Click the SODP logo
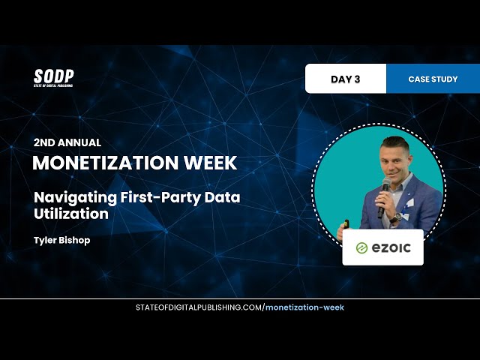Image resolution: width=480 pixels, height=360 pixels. (53, 77)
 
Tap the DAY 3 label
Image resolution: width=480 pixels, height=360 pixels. (346, 79)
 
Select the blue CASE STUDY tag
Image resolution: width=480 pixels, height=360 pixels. (433, 79)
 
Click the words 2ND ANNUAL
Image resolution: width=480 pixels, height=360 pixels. (67, 142)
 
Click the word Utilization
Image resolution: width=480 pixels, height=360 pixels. (70, 214)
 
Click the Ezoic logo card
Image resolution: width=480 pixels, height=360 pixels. (382, 247)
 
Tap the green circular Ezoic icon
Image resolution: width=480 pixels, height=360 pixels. (361, 248)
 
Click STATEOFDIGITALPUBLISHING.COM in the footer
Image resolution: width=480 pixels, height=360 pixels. (199, 307)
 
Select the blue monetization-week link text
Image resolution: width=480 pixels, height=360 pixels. (305, 307)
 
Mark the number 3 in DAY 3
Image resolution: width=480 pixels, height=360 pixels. (357, 79)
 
